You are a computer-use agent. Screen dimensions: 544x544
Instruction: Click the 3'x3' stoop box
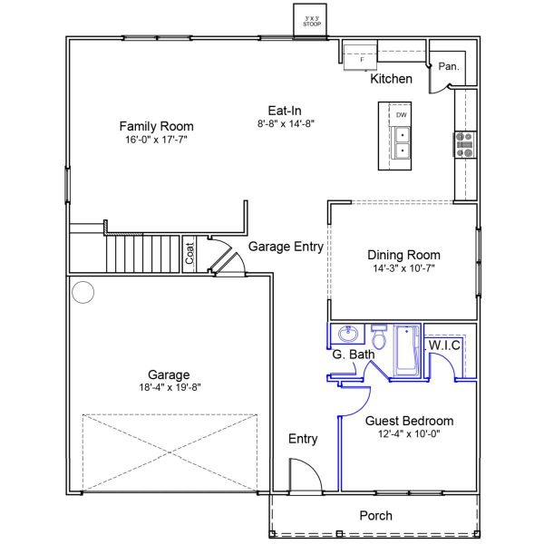[x=312, y=20]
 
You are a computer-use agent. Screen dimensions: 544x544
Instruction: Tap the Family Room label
[x=157, y=126]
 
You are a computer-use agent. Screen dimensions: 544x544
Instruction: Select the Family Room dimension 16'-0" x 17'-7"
[x=157, y=141]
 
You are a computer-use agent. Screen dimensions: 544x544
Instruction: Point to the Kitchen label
[x=392, y=80]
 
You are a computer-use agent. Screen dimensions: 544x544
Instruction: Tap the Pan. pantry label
[x=448, y=66]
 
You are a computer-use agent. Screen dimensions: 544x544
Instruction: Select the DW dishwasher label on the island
[x=401, y=115]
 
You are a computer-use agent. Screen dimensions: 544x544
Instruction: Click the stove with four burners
[x=465, y=145]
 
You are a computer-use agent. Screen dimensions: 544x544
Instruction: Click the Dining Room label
[x=403, y=255]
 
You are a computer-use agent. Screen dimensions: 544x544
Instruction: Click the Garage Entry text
[x=286, y=246]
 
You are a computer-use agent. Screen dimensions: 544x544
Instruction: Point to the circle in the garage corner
[x=83, y=292]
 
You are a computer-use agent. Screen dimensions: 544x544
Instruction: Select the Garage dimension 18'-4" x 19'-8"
[x=170, y=389]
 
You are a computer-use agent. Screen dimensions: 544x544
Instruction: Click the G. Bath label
[x=353, y=355]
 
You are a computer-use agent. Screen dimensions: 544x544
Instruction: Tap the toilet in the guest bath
[x=380, y=337]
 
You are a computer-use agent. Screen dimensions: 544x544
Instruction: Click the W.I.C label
[x=445, y=345]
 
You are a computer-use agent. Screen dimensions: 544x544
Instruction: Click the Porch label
[x=375, y=516]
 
